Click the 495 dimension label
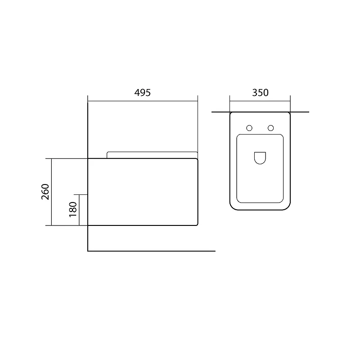point(142,93)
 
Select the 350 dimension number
point(260,93)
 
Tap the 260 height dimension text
point(45,192)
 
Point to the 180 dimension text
point(73,209)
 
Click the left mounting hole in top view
point(249,128)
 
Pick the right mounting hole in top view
point(271,128)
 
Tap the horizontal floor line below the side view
point(152,251)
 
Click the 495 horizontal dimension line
point(143,101)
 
